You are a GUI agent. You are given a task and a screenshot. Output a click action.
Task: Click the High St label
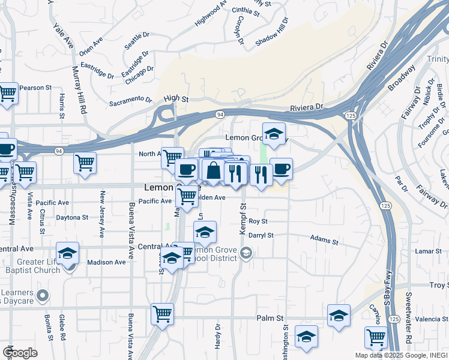click(x=176, y=98)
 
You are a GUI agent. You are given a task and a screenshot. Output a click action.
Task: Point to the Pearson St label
click(x=35, y=88)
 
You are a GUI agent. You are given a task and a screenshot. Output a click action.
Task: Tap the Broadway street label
click(x=402, y=79)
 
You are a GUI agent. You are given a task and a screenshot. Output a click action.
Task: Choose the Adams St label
click(x=324, y=240)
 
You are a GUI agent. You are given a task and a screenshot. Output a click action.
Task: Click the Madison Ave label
click(x=106, y=262)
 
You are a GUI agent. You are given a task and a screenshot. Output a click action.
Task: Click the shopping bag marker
click(x=213, y=170)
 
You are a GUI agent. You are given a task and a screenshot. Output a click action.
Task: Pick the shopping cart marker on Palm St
click(x=162, y=314)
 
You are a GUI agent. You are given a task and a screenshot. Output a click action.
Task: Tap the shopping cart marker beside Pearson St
click(x=7, y=94)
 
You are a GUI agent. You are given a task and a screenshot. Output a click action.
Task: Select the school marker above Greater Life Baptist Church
click(x=68, y=253)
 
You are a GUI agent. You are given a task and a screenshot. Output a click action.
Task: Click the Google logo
click(x=20, y=353)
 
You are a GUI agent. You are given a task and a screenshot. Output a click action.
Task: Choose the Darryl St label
click(x=261, y=235)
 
